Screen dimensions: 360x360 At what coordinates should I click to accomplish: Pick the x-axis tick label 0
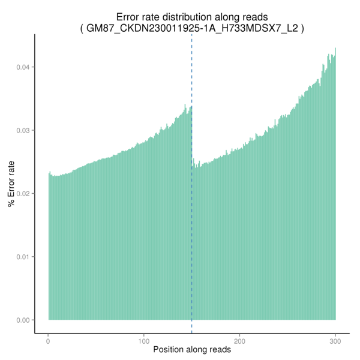[x=49, y=340]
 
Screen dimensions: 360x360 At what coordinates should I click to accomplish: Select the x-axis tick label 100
[x=144, y=340]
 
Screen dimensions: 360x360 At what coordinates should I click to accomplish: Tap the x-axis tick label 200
[x=239, y=340]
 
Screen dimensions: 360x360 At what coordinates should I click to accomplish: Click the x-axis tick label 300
[x=335, y=340]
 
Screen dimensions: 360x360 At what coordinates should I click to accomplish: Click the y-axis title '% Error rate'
[x=11, y=182]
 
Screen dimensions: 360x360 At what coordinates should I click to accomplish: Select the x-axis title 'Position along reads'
[x=192, y=349]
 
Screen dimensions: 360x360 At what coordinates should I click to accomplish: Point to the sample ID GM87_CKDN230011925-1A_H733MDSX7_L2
[x=192, y=28]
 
